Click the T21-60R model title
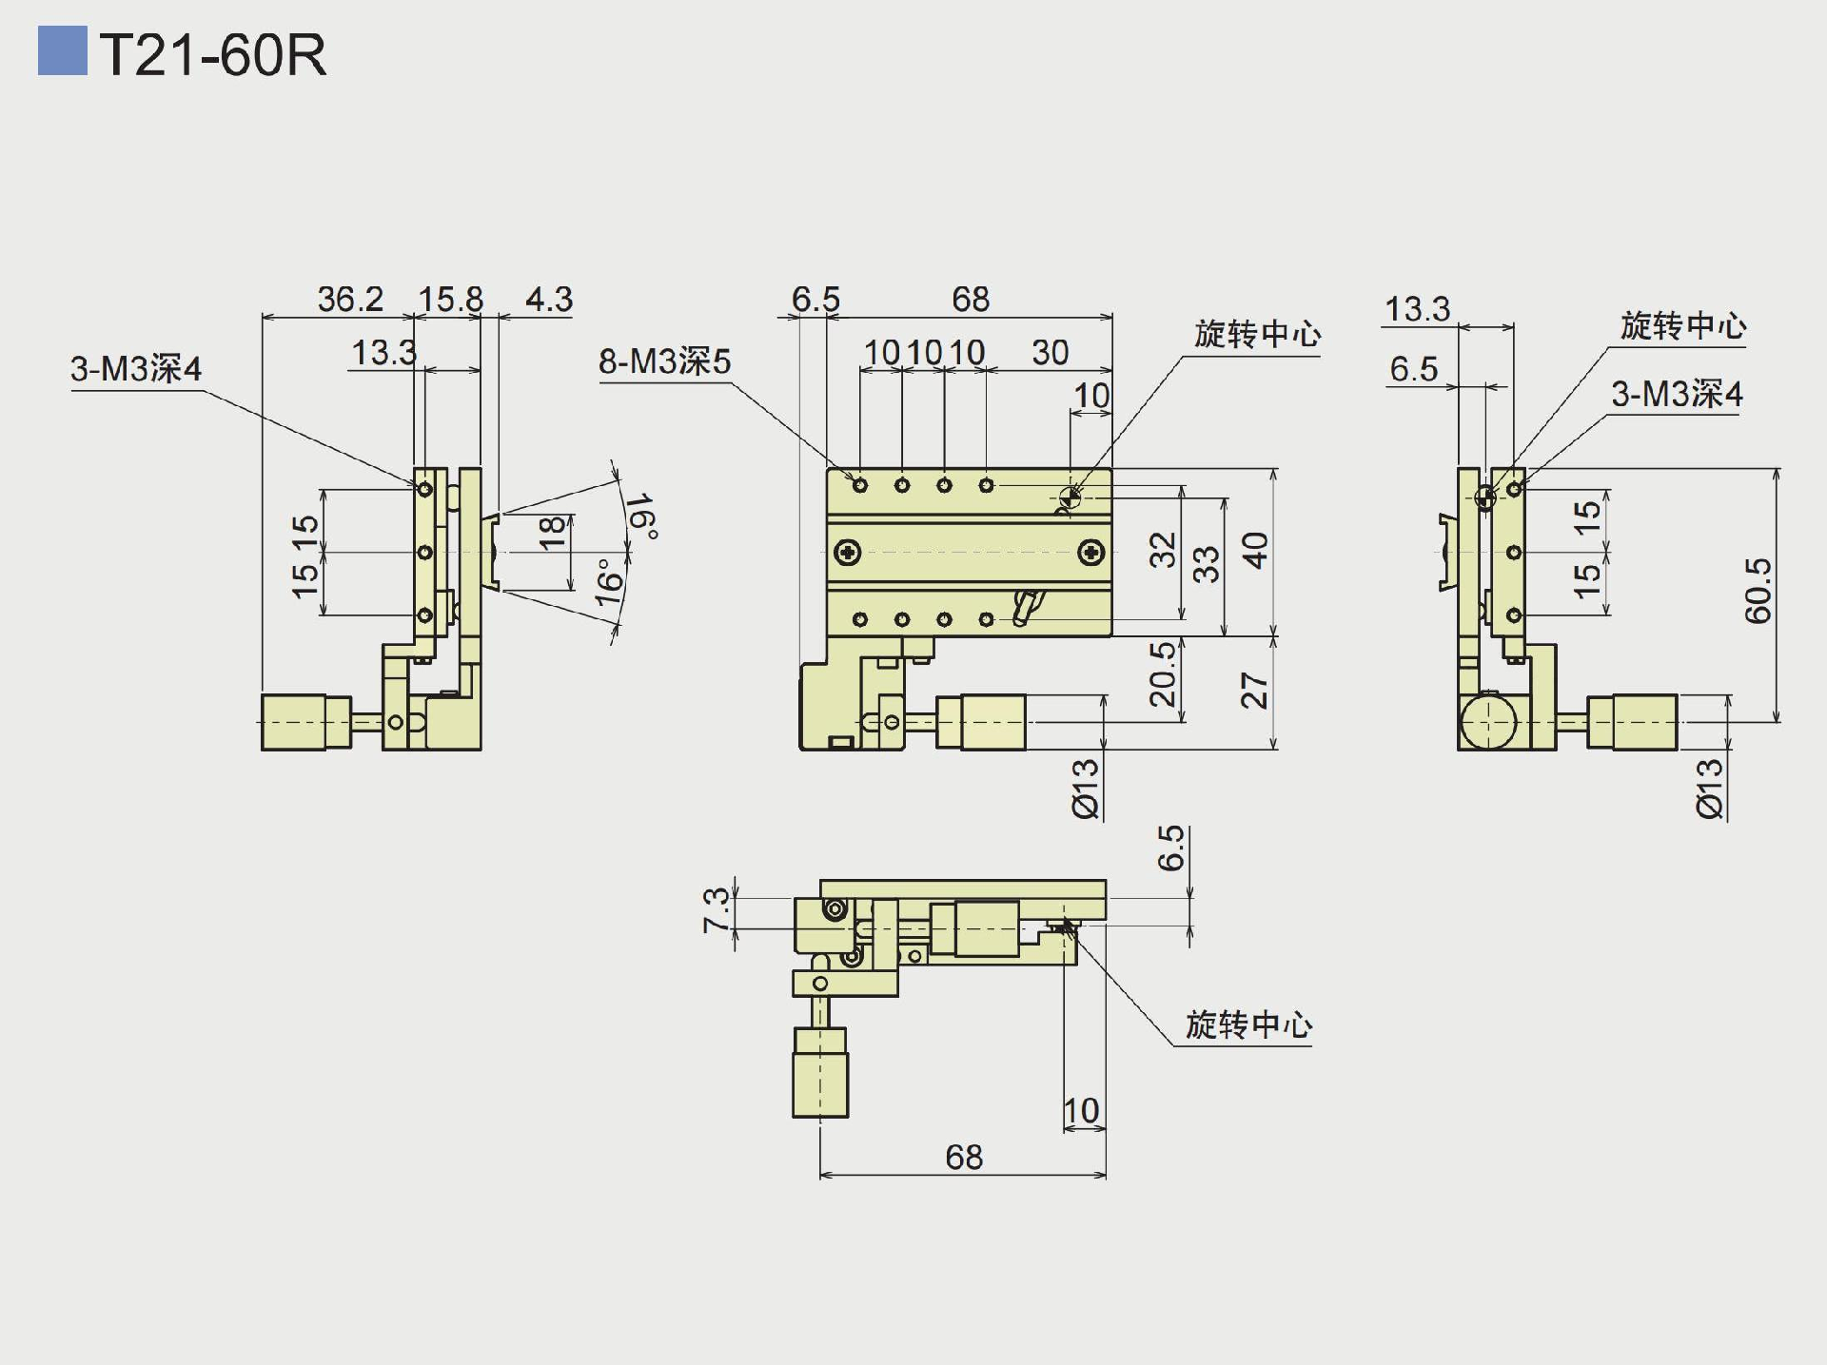tap(212, 55)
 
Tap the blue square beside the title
tap(62, 51)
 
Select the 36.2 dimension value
tap(349, 299)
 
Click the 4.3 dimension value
tap(549, 299)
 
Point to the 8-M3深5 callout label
tap(664, 361)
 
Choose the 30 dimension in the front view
tap(1050, 352)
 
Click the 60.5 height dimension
tap(1758, 591)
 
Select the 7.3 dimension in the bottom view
tap(716, 909)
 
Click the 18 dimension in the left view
tap(552, 533)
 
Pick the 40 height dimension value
tap(1255, 550)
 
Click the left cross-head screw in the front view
tap(847, 551)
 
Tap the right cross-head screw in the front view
tap(1090, 551)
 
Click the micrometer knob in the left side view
tap(293, 722)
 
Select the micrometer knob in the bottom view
tap(820, 1072)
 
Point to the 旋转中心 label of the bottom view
tap(1247, 1024)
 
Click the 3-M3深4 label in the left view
tap(136, 369)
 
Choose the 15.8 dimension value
tap(450, 299)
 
